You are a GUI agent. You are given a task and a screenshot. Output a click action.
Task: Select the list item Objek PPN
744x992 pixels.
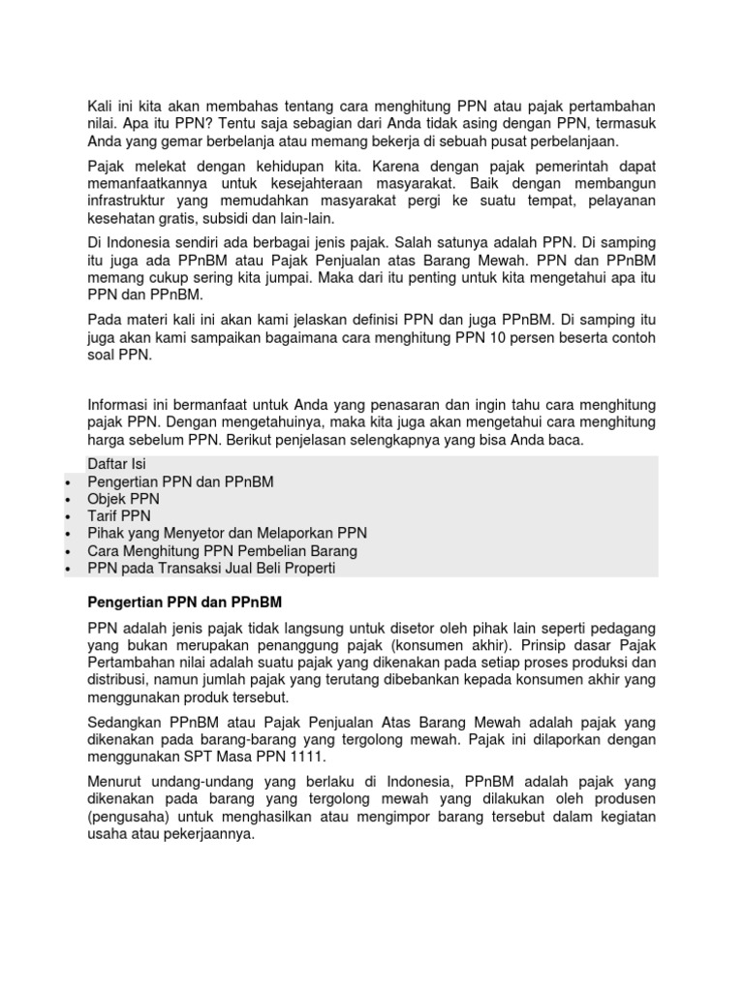tap(125, 498)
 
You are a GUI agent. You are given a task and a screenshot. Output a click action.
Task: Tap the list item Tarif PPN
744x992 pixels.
tap(119, 515)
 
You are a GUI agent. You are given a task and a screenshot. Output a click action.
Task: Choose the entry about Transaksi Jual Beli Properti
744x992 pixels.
tap(211, 568)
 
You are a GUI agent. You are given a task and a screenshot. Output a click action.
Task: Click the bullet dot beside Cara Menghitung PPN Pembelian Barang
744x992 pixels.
tap(67, 551)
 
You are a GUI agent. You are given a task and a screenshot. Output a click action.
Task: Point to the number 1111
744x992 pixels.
tap(306, 756)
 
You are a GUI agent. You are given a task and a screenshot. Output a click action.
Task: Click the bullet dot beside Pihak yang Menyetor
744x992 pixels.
tap(67, 534)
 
